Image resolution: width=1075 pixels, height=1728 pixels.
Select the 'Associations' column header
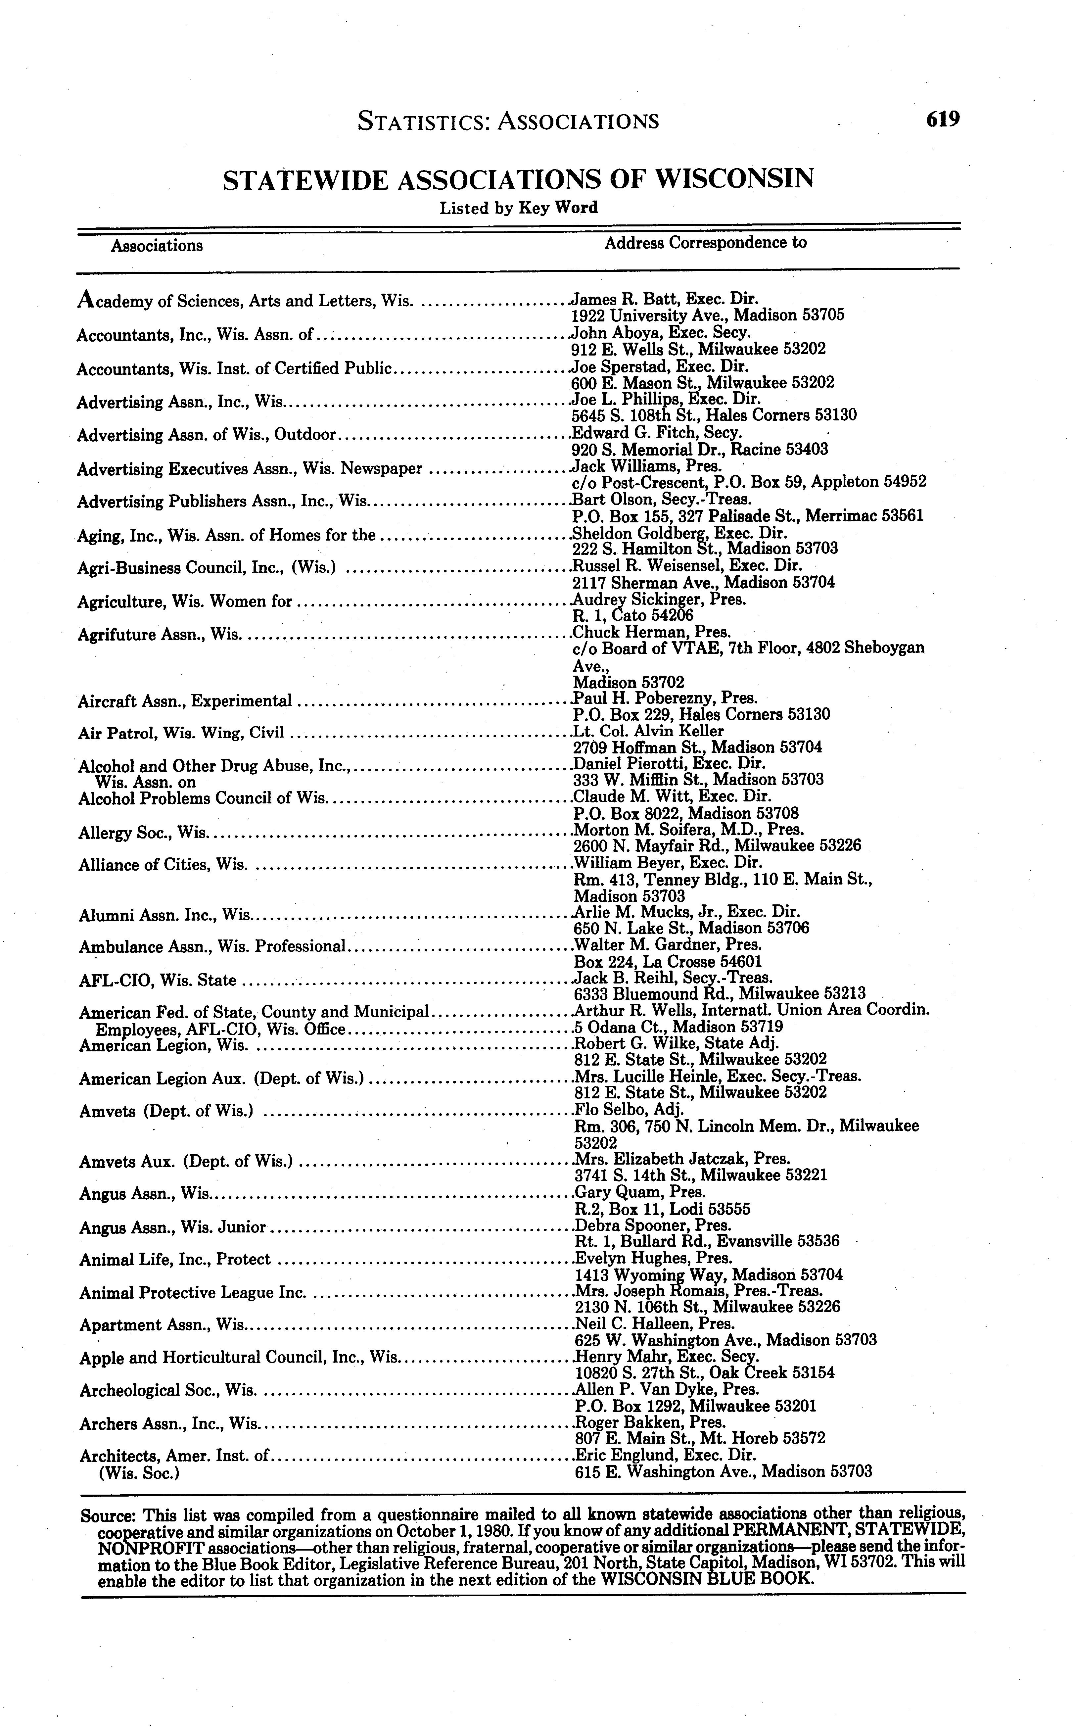tap(157, 246)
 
